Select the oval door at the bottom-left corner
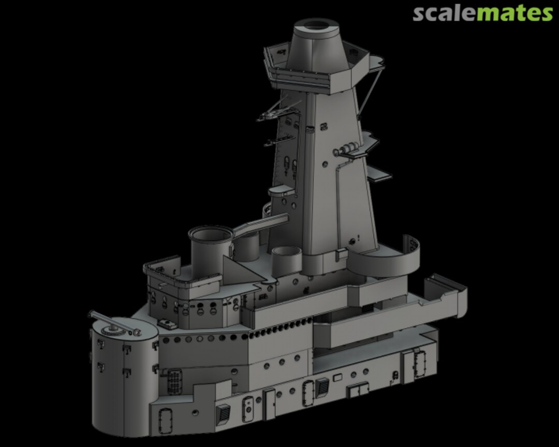pyautogui.click(x=166, y=418)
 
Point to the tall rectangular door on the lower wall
pyautogui.click(x=269, y=404)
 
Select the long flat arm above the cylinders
pyautogui.click(x=261, y=225)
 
